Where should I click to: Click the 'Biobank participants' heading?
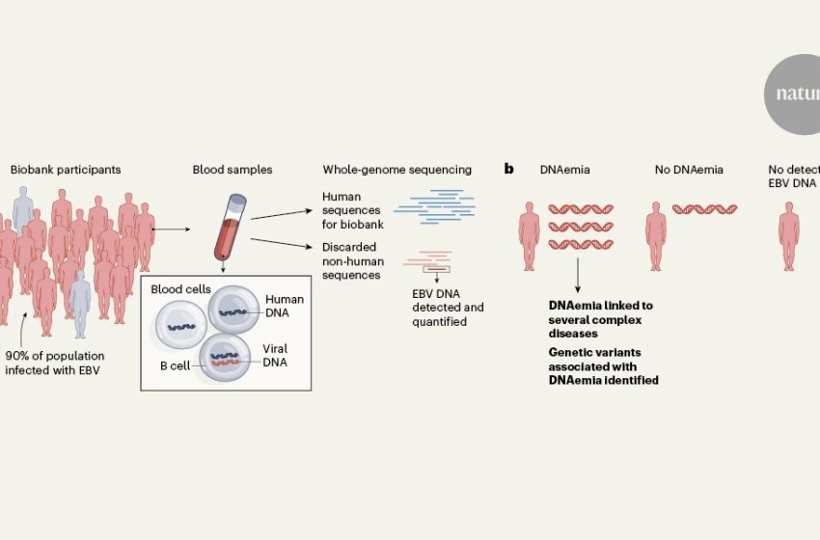point(66,170)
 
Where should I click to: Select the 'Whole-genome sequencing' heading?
point(396,170)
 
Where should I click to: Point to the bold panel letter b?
point(509,170)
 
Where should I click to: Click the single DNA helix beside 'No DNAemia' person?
point(705,208)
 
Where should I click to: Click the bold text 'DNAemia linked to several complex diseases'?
point(600,318)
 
